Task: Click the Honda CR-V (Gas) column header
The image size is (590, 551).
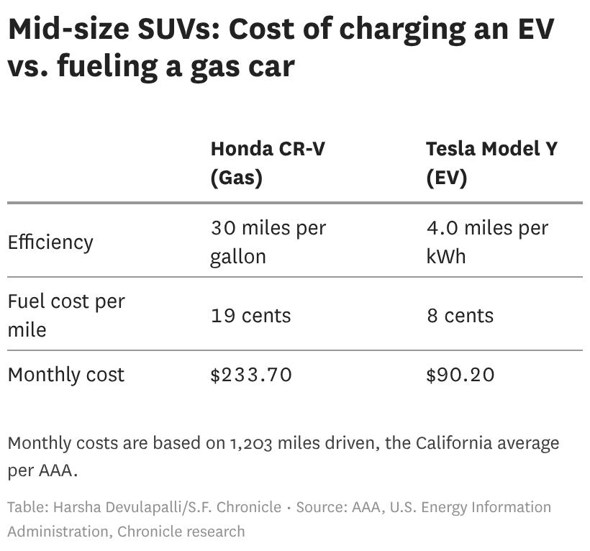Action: (267, 163)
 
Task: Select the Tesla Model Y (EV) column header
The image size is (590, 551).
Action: (491, 163)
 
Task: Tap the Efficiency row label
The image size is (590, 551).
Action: (50, 242)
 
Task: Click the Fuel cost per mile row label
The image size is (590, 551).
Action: (66, 315)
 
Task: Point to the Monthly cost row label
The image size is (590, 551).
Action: (66, 375)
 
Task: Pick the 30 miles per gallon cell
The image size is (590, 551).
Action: (268, 242)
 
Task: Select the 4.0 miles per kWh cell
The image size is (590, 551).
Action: (487, 242)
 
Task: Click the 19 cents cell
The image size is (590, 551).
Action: (250, 316)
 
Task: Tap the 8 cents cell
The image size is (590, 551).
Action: (460, 316)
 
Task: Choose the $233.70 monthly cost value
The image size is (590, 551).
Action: (251, 375)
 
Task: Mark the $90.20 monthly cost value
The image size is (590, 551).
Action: (460, 375)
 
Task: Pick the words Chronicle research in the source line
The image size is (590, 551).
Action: (181, 532)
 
